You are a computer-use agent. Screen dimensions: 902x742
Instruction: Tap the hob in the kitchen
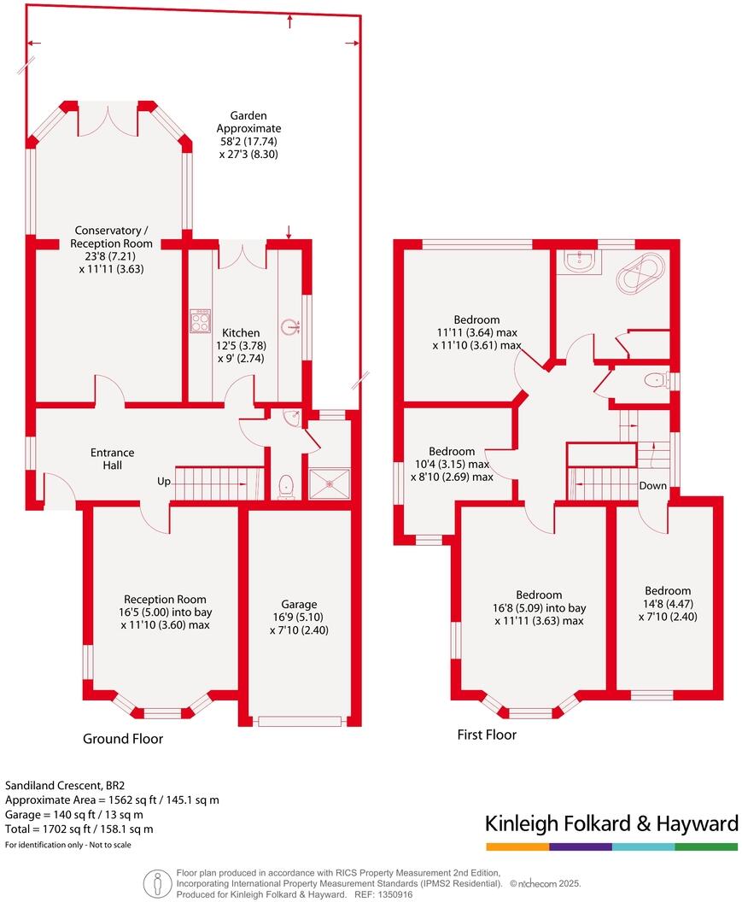coord(201,322)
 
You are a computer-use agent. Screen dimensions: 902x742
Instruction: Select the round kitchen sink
coord(293,325)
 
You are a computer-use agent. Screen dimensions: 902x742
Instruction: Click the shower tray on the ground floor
coord(329,483)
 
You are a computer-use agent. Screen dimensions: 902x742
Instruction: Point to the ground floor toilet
coord(286,484)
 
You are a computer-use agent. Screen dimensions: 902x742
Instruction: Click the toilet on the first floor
coord(656,381)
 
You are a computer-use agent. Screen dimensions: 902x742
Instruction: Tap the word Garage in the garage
coord(299,603)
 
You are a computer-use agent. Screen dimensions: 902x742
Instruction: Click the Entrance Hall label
coord(114,459)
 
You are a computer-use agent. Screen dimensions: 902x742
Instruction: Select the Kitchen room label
coord(241,332)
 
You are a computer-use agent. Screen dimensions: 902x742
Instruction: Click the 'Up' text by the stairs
coord(164,482)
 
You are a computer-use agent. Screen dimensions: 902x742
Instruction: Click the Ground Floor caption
coord(122,738)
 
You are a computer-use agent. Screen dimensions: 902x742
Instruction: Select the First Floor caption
coord(487,734)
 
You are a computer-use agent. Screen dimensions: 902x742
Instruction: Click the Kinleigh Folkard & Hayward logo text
coord(611,823)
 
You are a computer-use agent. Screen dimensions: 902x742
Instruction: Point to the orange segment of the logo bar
coord(517,846)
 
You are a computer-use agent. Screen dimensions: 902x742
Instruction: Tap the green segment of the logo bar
coord(706,846)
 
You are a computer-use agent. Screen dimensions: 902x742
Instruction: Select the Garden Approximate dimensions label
coord(248,135)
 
